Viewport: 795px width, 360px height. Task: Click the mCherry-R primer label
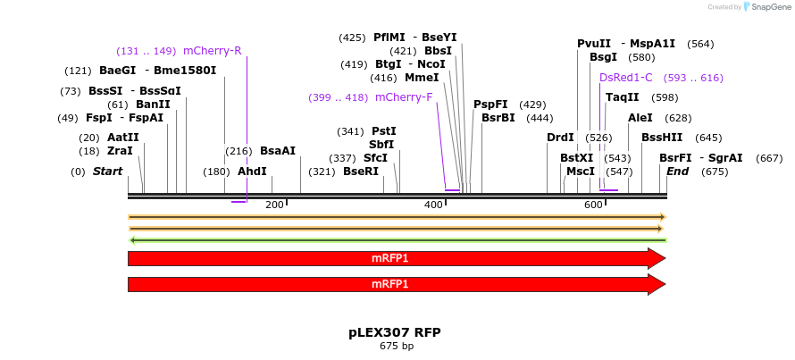[x=212, y=51]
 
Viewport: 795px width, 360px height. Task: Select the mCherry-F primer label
[x=404, y=97]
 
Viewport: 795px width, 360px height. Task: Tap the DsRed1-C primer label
[x=625, y=78]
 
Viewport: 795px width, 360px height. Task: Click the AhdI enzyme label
[x=252, y=172]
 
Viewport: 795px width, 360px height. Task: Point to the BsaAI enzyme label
[x=277, y=151]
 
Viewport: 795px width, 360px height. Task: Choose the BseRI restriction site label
[x=361, y=172]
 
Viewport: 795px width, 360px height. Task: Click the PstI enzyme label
[x=383, y=131]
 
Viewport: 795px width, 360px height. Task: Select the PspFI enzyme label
[x=490, y=105]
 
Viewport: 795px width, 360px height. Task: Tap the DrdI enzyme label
[x=560, y=138]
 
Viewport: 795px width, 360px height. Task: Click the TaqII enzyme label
[x=622, y=97]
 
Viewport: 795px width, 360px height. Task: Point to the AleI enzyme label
[x=640, y=118]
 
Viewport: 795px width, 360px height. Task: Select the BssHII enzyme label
[x=662, y=138]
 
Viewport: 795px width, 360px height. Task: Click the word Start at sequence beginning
[x=107, y=172]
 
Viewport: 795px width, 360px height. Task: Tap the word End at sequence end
[x=677, y=172]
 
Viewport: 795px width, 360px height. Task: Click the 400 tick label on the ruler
[x=434, y=205]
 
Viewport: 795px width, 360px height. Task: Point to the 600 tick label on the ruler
[x=593, y=205]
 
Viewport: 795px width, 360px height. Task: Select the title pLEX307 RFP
[x=395, y=332]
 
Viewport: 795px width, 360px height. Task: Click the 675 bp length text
[x=396, y=346]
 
